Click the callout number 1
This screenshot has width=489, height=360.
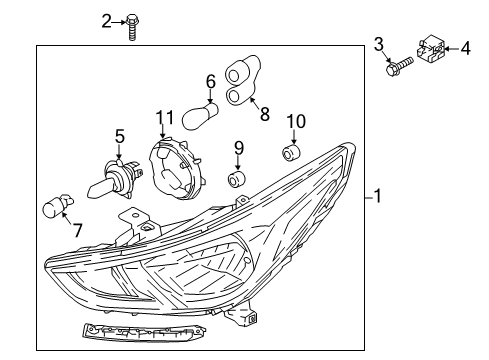(378, 197)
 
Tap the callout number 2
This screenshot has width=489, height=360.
(107, 20)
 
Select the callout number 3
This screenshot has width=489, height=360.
(379, 42)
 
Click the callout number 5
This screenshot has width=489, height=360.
(119, 134)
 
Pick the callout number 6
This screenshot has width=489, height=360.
(211, 81)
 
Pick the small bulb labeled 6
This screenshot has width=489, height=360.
(199, 117)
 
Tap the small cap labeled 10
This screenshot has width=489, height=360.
(293, 153)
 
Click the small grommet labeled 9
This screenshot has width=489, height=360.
(239, 179)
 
